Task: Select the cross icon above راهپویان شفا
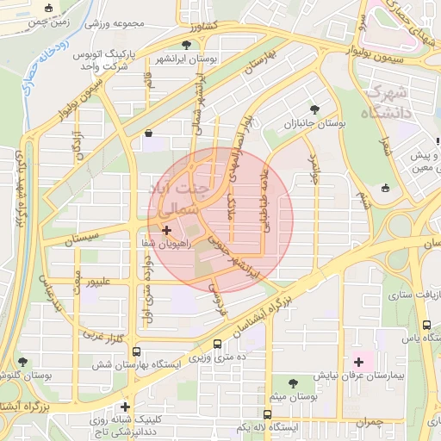166,230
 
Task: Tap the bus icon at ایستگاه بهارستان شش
137,352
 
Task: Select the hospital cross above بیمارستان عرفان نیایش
358,361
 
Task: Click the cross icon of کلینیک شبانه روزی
126,407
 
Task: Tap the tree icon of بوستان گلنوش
22,362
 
